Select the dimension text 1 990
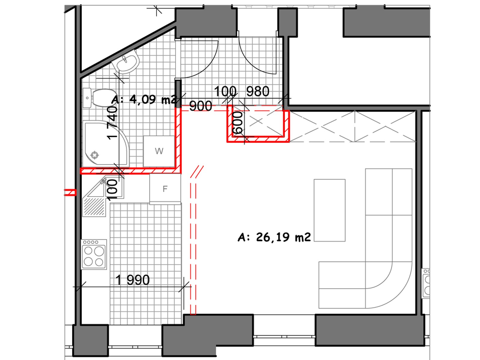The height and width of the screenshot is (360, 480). coord(133,280)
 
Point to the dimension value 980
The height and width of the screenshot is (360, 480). coord(258,91)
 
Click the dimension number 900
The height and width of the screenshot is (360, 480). coord(200,106)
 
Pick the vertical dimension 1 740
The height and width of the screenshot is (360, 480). coord(112,123)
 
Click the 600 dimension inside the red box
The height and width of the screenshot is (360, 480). coord(238,123)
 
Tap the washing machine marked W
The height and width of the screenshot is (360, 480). coord(159,151)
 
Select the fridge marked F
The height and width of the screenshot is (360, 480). coord(165,189)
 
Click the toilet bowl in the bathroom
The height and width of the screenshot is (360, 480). coord(100,98)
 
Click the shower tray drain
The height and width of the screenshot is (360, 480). coord(94,155)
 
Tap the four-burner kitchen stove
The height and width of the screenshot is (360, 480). coord(94,254)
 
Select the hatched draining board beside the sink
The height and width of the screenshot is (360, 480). coord(94,207)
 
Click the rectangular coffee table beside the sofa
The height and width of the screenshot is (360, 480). coord(329,210)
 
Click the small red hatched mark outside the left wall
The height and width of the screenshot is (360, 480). coord(70,193)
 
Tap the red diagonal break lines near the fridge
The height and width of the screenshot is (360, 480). coord(197,172)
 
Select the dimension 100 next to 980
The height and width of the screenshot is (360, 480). coord(225,91)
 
